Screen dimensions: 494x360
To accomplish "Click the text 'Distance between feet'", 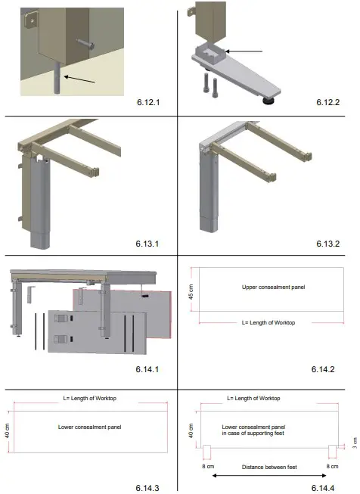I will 269,467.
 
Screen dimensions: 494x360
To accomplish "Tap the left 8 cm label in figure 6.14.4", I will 205,468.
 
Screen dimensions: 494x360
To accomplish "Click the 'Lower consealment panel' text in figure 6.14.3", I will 89,427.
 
